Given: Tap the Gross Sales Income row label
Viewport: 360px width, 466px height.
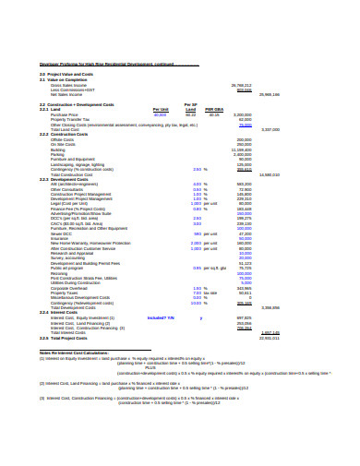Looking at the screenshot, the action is point(67,85).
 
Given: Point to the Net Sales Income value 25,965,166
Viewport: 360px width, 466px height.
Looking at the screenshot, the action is point(269,94).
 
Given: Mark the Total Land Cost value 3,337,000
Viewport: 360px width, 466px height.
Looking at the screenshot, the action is point(270,128).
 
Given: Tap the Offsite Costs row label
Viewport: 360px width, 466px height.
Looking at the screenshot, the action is point(63,138).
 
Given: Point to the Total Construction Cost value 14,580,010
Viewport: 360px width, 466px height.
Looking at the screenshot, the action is point(269,173).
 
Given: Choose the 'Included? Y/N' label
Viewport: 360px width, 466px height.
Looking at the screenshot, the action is point(161,317).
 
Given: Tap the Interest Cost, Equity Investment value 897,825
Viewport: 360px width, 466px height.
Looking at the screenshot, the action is point(244,317).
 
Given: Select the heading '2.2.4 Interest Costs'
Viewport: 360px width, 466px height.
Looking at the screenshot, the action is point(57,312).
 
